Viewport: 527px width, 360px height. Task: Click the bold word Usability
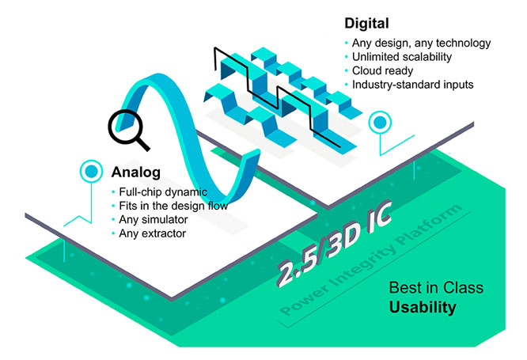click(x=423, y=307)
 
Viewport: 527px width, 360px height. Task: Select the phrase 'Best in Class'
click(x=436, y=288)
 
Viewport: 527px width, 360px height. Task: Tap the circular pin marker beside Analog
click(x=92, y=170)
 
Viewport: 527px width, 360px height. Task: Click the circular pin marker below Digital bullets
click(x=381, y=123)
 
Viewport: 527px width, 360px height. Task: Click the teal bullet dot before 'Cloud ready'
click(x=345, y=71)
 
